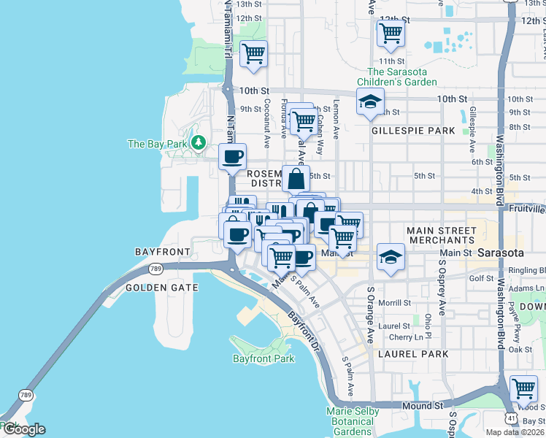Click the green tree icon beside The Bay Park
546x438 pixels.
[x=196, y=141]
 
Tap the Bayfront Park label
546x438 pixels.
[x=264, y=358]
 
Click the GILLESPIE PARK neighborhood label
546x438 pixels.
[x=413, y=131]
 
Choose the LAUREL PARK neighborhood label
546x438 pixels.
[x=413, y=354]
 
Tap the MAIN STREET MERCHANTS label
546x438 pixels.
[x=441, y=235]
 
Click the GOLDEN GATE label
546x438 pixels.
[x=162, y=288]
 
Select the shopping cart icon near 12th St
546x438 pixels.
[x=391, y=32]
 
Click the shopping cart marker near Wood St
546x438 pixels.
[x=523, y=388]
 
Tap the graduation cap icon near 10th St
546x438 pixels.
[x=370, y=101]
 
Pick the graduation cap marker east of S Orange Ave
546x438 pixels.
[x=391, y=256]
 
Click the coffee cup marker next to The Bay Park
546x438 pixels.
[x=233, y=155]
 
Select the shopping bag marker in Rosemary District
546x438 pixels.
[x=295, y=178]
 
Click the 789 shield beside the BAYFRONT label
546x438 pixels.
[x=155, y=269]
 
